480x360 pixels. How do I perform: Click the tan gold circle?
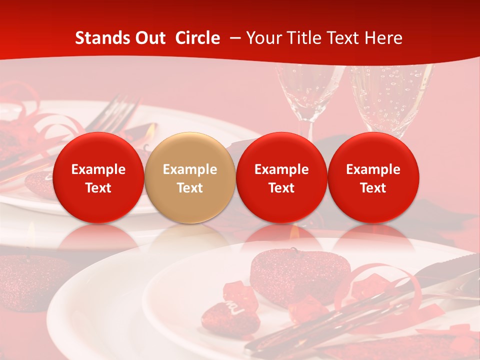tap(190, 177)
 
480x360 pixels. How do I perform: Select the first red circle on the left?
tap(98, 177)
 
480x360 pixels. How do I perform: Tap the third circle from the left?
tap(281, 177)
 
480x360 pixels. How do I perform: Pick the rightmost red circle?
tap(373, 177)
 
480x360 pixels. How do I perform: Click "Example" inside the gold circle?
tap(190, 169)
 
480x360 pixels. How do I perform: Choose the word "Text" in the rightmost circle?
tap(373, 188)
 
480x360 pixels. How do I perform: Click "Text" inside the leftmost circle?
tap(98, 188)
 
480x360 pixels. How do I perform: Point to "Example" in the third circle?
tap(281, 169)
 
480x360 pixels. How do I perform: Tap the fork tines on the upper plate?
tap(120, 107)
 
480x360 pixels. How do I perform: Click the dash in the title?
tap(233, 38)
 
